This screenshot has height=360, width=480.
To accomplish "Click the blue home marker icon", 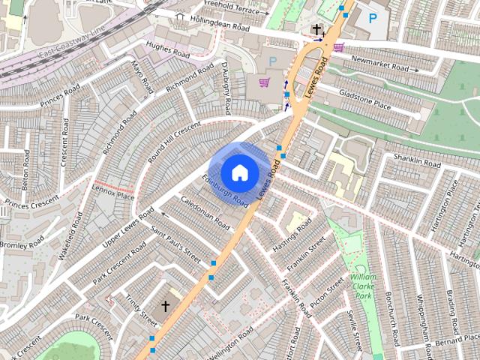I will pos(239,172).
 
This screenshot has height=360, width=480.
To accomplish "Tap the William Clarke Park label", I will pos(363,286).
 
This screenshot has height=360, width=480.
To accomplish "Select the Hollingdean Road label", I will pos(219,25).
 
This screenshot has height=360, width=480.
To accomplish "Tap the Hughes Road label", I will pos(169,49).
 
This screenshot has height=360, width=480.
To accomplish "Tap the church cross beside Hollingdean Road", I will pos(317,30).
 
